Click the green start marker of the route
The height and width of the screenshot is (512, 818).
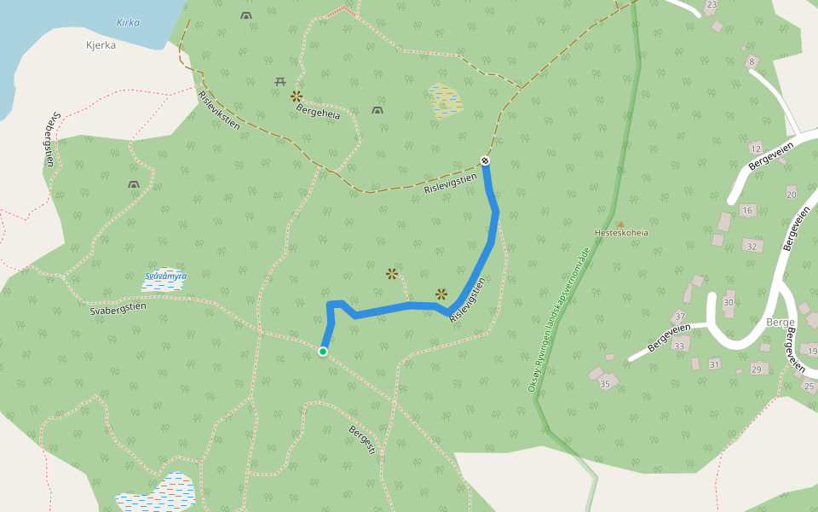(323, 352)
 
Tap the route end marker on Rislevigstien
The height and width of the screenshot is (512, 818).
(485, 160)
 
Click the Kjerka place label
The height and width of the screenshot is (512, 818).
(101, 45)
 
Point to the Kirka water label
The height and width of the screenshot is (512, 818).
(128, 23)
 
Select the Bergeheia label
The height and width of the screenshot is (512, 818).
(318, 112)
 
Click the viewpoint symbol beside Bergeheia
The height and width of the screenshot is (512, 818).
(297, 96)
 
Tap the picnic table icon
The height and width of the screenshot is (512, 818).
(280, 81)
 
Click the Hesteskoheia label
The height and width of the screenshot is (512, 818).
(621, 232)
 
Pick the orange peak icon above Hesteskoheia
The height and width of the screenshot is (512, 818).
(620, 224)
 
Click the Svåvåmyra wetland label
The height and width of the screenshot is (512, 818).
(165, 276)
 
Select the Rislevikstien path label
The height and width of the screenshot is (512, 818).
(219, 108)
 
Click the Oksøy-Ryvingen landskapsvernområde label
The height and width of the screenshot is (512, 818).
(559, 321)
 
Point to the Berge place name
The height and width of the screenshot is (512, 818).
(781, 322)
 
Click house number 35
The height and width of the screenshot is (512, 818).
(605, 384)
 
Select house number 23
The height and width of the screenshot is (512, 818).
(711, 5)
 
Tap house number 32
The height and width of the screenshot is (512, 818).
(752, 247)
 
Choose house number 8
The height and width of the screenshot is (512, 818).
(752, 61)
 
